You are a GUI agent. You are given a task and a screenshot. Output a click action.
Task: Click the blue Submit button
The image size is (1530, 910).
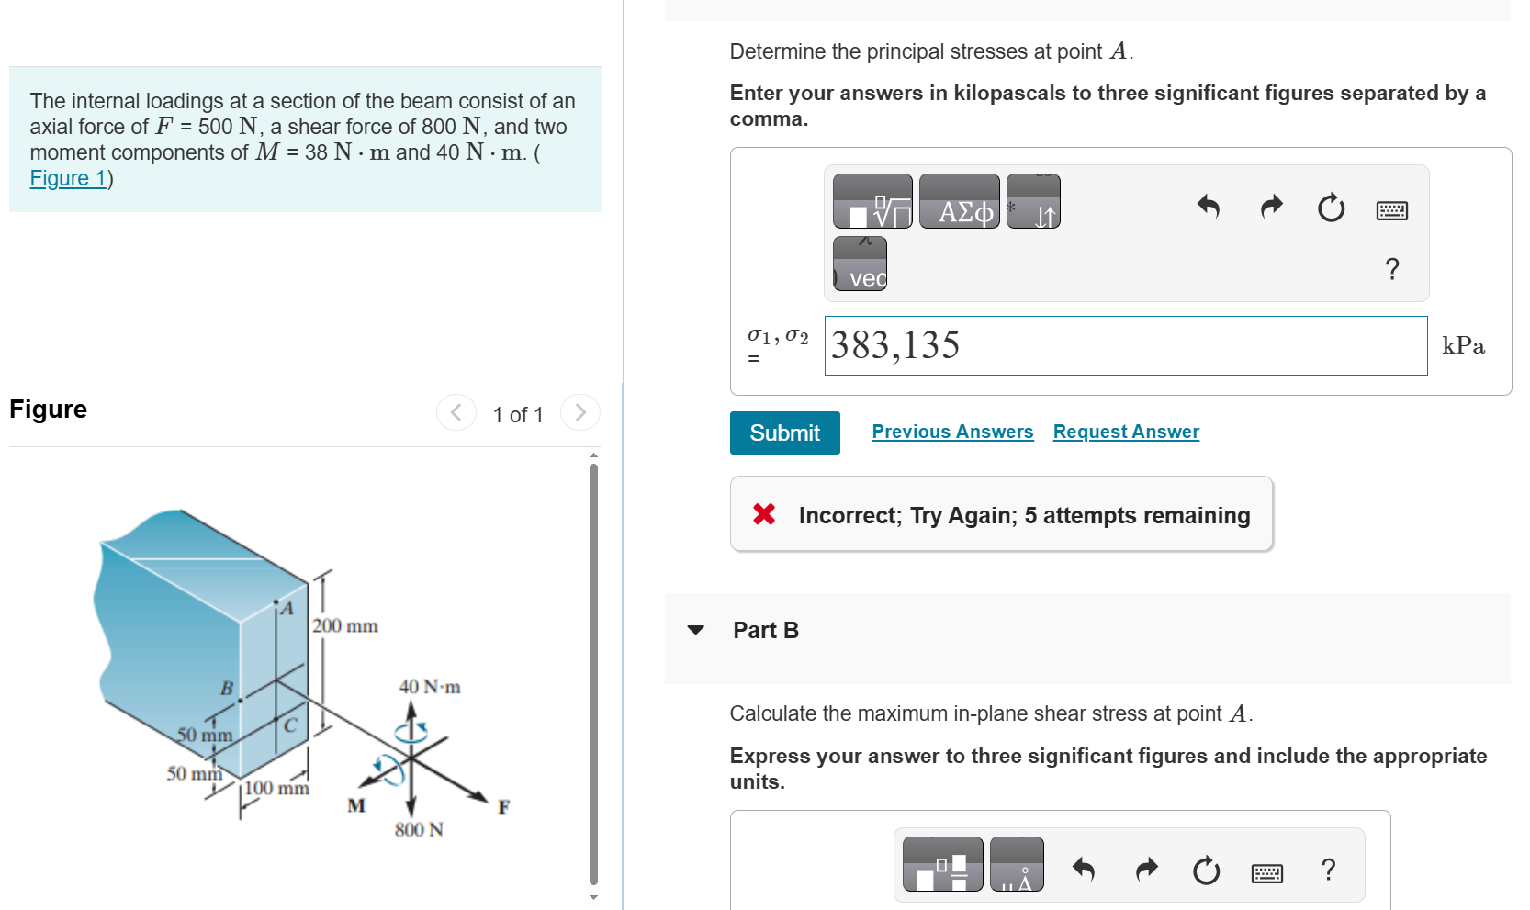tap(784, 433)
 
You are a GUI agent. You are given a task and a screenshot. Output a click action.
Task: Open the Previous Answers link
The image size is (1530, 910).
tap(952, 432)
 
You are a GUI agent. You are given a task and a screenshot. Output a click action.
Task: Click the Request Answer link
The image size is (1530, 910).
tap(1126, 432)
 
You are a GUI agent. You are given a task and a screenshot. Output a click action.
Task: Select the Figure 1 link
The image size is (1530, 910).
tap(68, 178)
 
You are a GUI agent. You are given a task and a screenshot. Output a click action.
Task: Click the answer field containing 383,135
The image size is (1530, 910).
tap(1125, 345)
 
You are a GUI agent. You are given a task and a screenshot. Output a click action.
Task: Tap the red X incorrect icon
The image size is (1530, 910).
tap(764, 514)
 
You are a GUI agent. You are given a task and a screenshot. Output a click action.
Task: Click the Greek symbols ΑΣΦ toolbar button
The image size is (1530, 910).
tap(959, 201)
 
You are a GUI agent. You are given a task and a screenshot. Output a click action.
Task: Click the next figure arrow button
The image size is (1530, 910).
tap(580, 413)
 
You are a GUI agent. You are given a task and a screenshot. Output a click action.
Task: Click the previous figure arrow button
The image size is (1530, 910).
tap(456, 413)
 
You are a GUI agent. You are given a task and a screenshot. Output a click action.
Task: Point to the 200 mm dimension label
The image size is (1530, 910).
tap(345, 626)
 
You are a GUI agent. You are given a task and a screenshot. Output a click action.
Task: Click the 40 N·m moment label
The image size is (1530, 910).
tap(430, 687)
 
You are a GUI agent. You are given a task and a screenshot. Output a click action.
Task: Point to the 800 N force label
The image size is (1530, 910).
tap(419, 830)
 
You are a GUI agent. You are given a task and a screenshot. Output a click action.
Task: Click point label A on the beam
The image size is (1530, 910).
tap(287, 609)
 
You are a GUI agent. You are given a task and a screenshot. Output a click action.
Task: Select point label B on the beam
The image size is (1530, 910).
tap(226, 688)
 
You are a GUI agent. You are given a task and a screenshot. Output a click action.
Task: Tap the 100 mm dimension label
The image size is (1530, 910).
tap(277, 788)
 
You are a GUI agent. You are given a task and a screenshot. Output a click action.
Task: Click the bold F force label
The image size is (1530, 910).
tap(503, 807)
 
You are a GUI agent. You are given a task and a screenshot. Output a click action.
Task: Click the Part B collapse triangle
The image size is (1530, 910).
tap(696, 630)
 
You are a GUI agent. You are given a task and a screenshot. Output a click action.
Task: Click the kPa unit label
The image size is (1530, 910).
tap(1463, 346)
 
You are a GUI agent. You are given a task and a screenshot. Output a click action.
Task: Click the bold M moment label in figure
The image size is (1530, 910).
tap(356, 805)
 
